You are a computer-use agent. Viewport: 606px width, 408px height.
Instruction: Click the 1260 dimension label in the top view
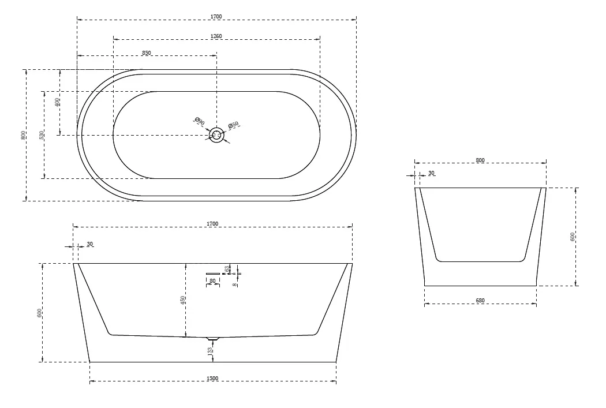pyautogui.click(x=216, y=36)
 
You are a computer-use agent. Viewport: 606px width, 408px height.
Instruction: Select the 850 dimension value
pyautogui.click(x=147, y=53)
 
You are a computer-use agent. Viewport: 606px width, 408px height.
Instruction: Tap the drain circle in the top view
pyautogui.click(x=217, y=135)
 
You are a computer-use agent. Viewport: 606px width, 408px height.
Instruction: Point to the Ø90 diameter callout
pyautogui.click(x=199, y=121)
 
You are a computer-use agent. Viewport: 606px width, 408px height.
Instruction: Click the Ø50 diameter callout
pyautogui.click(x=233, y=125)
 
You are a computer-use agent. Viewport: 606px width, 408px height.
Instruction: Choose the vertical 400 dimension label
pyautogui.click(x=57, y=102)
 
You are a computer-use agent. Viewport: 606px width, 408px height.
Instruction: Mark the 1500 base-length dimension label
pyautogui.click(x=212, y=379)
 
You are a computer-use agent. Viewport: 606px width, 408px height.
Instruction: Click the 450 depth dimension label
pyautogui.click(x=183, y=300)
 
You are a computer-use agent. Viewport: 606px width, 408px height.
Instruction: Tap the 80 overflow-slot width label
pyautogui.click(x=212, y=281)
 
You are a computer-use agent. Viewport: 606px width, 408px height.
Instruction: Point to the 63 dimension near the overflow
pyautogui.click(x=229, y=268)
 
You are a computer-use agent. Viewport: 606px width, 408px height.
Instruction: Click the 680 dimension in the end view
pyautogui.click(x=480, y=301)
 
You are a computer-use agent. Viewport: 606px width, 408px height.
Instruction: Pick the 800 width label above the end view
pyautogui.click(x=480, y=160)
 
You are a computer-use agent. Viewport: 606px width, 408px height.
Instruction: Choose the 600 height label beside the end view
pyautogui.click(x=573, y=237)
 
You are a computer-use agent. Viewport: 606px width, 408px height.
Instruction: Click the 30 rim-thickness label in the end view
pyautogui.click(x=432, y=173)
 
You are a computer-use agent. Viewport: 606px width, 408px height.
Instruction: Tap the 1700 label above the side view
pyautogui.click(x=212, y=223)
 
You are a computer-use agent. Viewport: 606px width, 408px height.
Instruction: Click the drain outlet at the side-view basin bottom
pyautogui.click(x=214, y=338)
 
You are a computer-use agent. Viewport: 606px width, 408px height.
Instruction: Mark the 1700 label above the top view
pyautogui.click(x=216, y=16)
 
